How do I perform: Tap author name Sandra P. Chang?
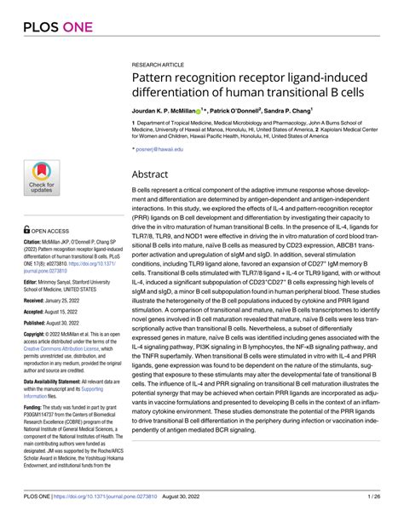click(286, 111)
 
